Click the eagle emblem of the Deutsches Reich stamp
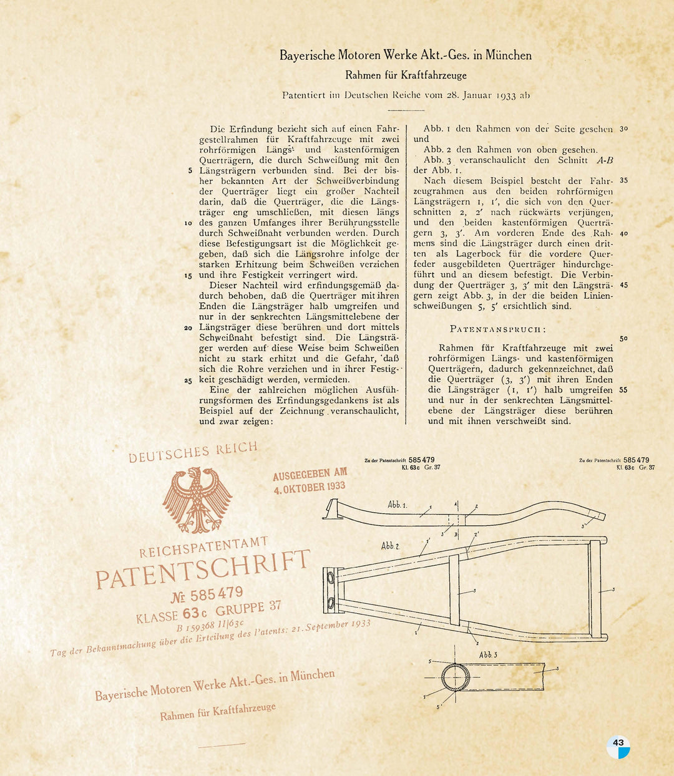click(x=197, y=500)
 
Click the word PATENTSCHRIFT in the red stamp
click(x=203, y=569)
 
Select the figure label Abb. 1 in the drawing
click(x=397, y=505)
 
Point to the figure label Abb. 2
click(x=390, y=546)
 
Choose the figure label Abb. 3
click(x=488, y=654)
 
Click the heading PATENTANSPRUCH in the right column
click(x=497, y=329)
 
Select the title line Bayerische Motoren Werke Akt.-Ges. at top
click(x=405, y=56)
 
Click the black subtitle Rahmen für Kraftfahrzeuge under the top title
click(x=406, y=75)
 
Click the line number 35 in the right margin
click(x=623, y=181)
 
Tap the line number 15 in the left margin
click(x=188, y=275)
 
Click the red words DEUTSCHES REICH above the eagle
click(x=193, y=452)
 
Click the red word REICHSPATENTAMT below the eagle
click(x=203, y=546)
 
